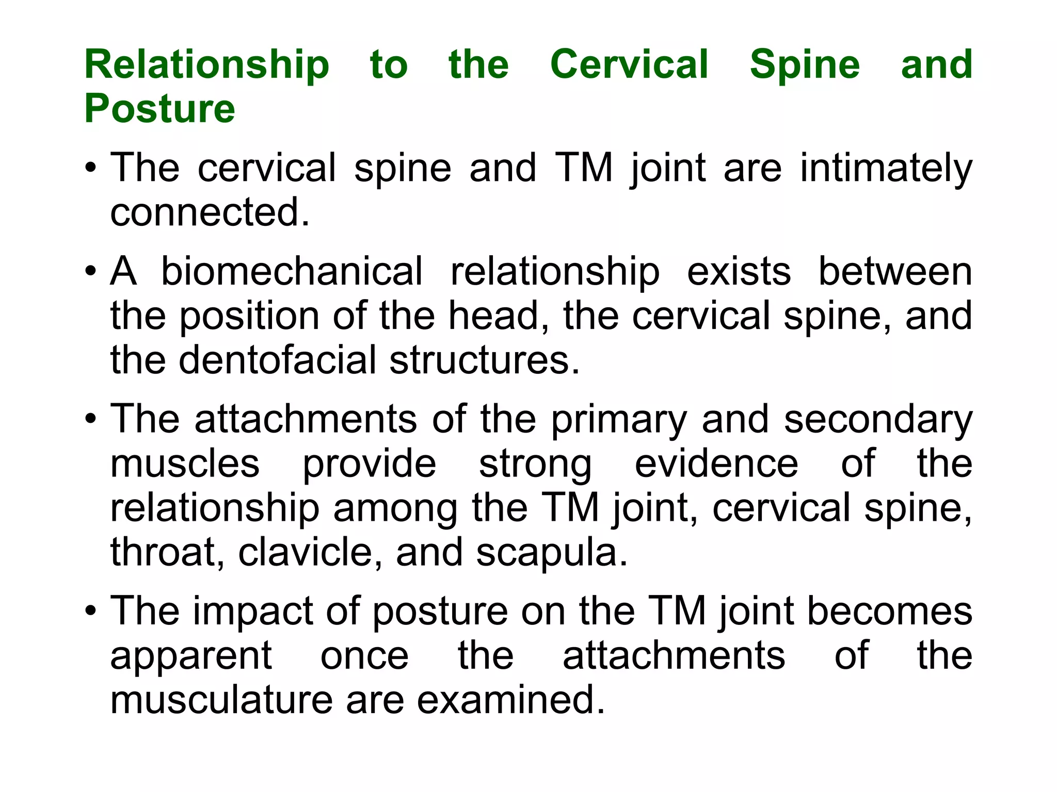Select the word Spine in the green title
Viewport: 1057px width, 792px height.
click(x=805, y=65)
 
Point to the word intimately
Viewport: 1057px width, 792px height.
click(x=886, y=169)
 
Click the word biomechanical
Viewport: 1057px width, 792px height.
click(x=292, y=271)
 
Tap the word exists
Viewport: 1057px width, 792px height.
click(x=739, y=271)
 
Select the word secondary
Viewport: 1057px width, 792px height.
click(x=878, y=420)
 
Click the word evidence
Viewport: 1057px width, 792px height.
click(x=716, y=464)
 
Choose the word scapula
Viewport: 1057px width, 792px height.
click(x=551, y=553)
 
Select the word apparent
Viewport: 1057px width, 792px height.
click(x=191, y=656)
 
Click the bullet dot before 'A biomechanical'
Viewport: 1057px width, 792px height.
click(x=91, y=271)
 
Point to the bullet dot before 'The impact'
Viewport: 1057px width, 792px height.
click(x=91, y=612)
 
